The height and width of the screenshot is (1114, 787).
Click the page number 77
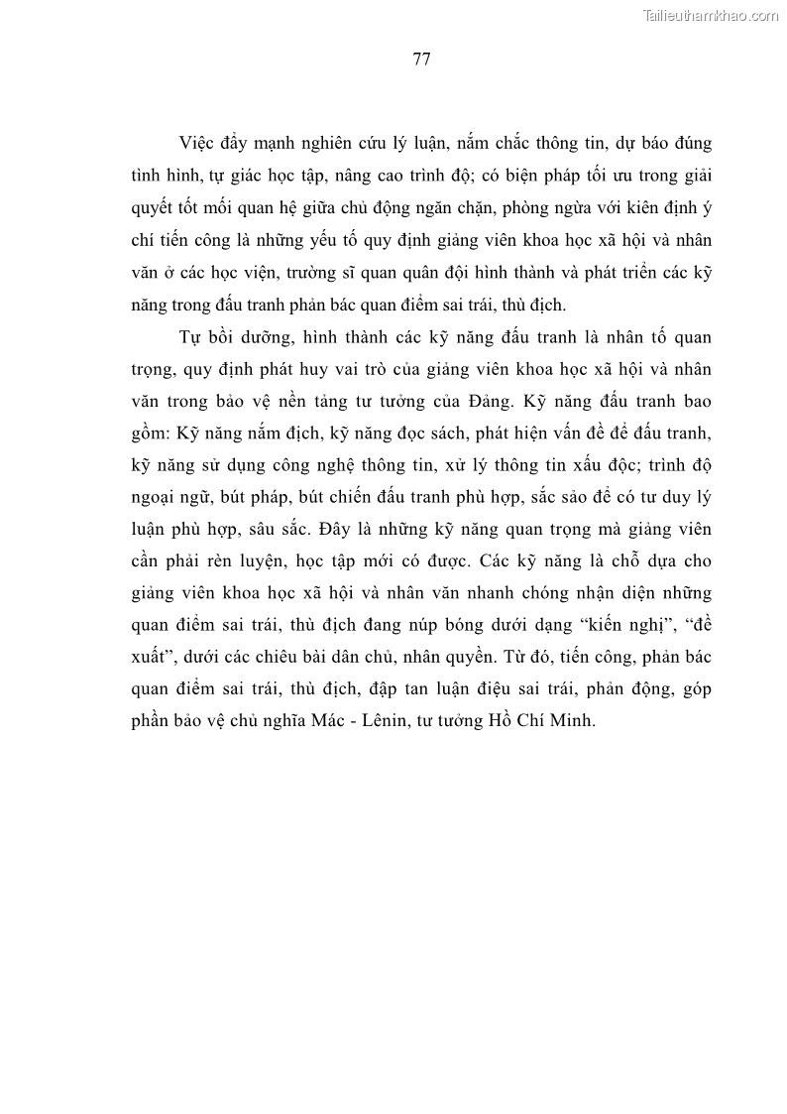click(x=420, y=59)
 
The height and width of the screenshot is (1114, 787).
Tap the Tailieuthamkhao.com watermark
click(x=712, y=15)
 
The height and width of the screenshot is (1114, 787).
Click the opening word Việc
click(x=196, y=144)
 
